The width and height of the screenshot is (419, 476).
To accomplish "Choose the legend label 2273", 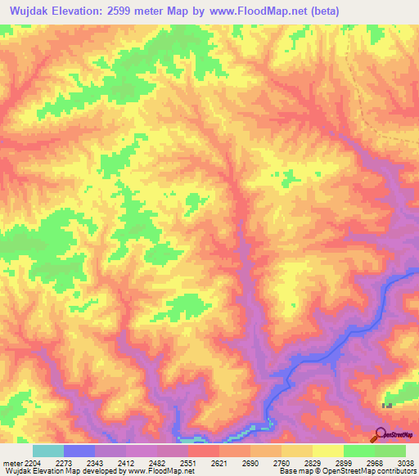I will (x=74, y=462).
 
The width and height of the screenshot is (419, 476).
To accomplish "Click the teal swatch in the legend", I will (x=48, y=451).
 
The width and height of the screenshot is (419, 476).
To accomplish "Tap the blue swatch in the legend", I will (x=79, y=451).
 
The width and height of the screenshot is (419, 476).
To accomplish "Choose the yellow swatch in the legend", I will (x=328, y=451).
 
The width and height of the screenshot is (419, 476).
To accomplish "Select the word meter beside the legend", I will (x=9, y=462).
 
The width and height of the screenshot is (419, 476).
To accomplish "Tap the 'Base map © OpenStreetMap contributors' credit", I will (x=346, y=471).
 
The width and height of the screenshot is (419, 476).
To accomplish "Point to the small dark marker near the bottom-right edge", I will (x=387, y=405).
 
